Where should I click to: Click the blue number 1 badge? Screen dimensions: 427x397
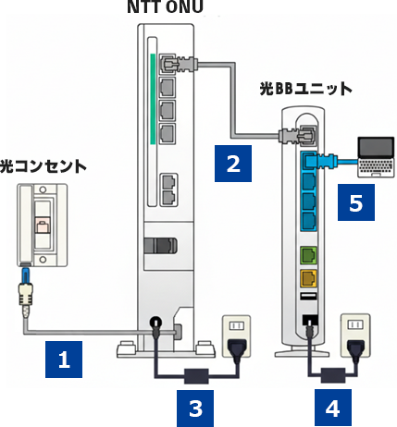[x=64, y=359]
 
